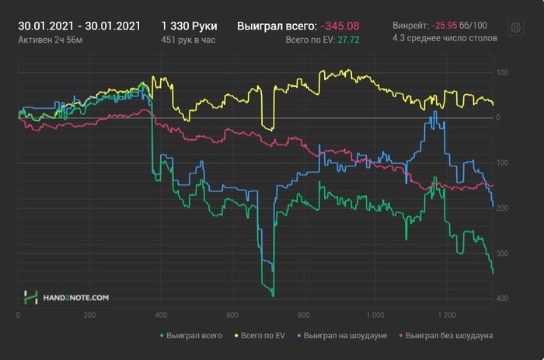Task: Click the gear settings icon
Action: [x=515, y=27]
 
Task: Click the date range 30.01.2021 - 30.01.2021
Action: [x=79, y=26]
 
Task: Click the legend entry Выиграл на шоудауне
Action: [x=346, y=336]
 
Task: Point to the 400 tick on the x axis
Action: [x=161, y=316]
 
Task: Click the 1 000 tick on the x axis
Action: [x=375, y=316]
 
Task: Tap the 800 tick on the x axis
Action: [x=304, y=316]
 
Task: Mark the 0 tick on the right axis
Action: [x=498, y=118]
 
